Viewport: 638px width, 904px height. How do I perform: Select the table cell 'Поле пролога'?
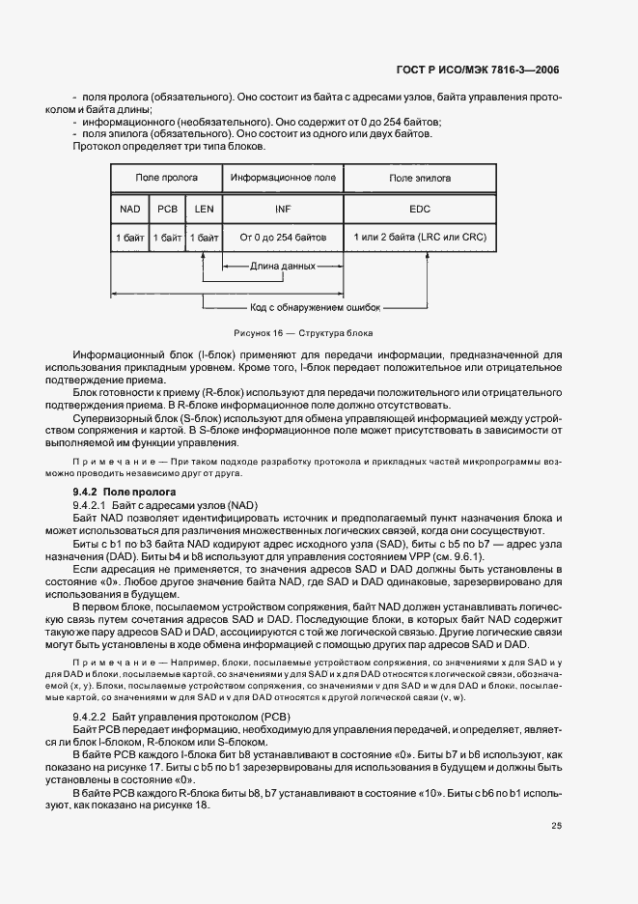[x=166, y=178]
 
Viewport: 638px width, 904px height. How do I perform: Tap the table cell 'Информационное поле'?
[x=283, y=178]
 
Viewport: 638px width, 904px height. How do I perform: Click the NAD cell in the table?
[x=130, y=208]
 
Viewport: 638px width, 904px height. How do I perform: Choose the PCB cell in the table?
[x=167, y=208]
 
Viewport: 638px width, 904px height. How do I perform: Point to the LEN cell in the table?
[x=204, y=208]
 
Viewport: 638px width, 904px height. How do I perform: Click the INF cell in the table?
[x=283, y=208]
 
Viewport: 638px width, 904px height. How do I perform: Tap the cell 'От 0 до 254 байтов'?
[x=283, y=237]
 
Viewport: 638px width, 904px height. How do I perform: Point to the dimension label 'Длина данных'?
[x=283, y=265]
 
